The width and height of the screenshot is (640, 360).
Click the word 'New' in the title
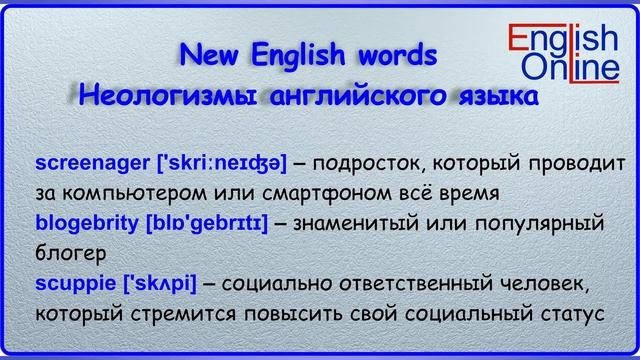[212, 56]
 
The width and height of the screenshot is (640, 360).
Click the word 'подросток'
[373, 162]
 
